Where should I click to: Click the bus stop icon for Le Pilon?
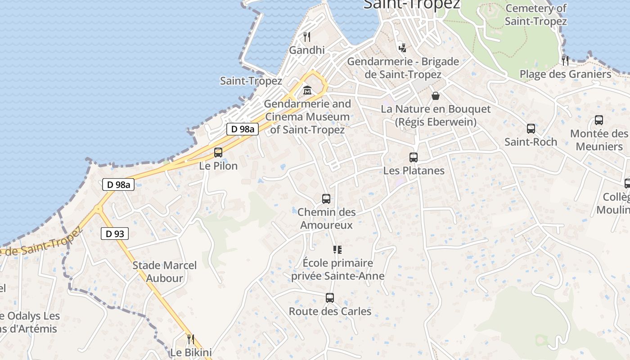point(218,152)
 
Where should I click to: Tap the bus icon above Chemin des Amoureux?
point(326,198)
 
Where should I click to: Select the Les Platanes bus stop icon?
point(414,157)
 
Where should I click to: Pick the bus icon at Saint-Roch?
point(531,129)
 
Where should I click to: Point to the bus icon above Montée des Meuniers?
point(599,120)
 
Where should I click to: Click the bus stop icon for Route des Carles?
point(330,298)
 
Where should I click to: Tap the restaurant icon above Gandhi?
point(307,36)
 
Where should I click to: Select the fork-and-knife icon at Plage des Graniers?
point(565,60)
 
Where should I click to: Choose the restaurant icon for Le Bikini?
point(191,339)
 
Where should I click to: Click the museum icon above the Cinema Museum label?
point(307,90)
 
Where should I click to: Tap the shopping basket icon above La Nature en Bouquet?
point(436,95)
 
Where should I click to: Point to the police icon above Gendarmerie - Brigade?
point(403,48)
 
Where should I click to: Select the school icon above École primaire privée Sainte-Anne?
point(337,250)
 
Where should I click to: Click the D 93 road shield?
point(115,234)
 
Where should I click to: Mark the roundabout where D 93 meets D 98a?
point(98,209)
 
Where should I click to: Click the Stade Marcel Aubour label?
point(165,272)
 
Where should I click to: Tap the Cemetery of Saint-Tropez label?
point(535,14)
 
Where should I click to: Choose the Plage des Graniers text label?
point(566,74)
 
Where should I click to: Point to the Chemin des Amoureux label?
point(327,218)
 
